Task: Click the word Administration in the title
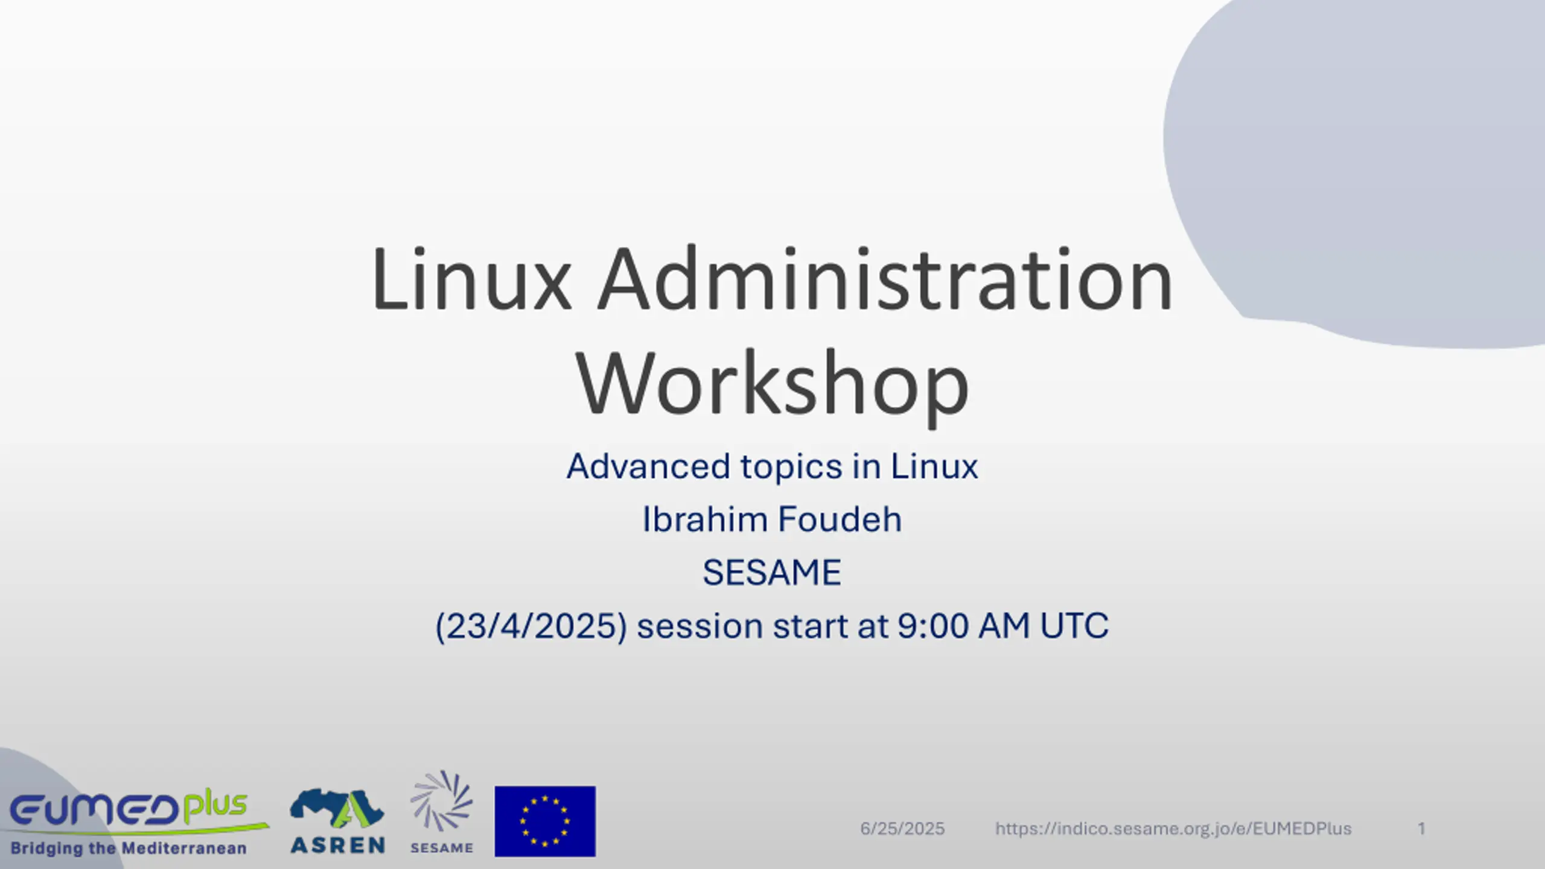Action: (885, 279)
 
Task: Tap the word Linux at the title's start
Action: (471, 279)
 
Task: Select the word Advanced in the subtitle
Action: (648, 466)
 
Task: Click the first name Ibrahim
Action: (704, 519)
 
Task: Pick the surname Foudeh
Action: (839, 519)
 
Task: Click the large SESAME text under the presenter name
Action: (772, 572)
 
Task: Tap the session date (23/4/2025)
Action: (531, 626)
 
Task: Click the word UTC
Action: (1074, 626)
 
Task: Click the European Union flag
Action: (545, 821)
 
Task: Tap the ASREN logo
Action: (337, 821)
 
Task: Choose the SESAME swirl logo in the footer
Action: (442, 812)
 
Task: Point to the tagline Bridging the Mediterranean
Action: (129, 848)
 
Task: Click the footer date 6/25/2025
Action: (902, 829)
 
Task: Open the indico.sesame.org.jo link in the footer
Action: (1173, 829)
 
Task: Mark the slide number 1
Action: (1421, 829)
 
